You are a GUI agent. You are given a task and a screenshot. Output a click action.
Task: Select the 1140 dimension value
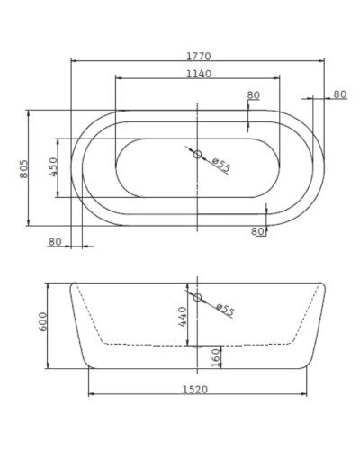[197, 74]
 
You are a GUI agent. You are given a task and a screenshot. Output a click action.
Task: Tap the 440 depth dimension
[182, 318]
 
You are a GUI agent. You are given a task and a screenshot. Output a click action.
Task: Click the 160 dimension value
[216, 357]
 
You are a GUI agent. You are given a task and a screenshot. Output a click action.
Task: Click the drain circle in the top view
[197, 154]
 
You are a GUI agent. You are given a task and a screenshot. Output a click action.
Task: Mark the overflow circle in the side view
[197, 296]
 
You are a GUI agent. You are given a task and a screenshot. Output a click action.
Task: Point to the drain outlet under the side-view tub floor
[196, 346]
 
